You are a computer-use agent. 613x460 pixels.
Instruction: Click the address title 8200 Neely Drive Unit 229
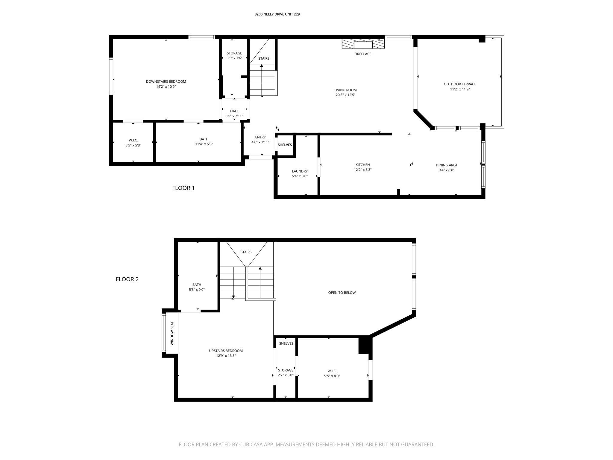(x=277, y=14)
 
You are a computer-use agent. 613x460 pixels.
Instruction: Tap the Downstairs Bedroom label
(x=166, y=81)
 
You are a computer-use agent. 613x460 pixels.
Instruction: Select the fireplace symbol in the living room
(x=363, y=44)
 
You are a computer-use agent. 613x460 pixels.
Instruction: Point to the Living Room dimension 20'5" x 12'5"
(x=345, y=95)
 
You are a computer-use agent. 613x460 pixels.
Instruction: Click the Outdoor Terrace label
(x=460, y=84)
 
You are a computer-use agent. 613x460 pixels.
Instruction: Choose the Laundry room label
(x=300, y=171)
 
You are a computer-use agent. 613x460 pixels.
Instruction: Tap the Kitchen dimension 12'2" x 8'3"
(x=362, y=170)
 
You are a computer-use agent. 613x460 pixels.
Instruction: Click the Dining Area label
(x=446, y=165)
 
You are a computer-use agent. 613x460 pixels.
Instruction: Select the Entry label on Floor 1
(x=260, y=137)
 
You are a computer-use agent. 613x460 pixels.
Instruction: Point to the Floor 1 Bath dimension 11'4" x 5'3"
(x=204, y=144)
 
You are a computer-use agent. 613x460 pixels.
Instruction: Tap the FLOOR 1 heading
(x=183, y=188)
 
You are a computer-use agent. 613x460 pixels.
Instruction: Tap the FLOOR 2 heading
(x=127, y=279)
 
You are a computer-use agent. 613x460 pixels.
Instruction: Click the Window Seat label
(x=172, y=333)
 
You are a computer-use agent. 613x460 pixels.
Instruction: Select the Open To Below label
(x=342, y=293)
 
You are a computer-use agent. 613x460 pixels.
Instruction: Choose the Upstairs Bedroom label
(x=226, y=351)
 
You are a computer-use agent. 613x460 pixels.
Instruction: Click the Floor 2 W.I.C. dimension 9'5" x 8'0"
(x=332, y=376)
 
